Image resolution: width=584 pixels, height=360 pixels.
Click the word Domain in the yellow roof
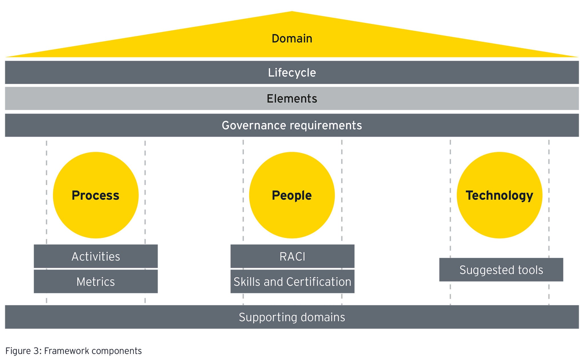pos(292,39)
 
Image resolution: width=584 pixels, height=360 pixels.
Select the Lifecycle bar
pos(292,72)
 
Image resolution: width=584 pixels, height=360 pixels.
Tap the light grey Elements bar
pos(292,99)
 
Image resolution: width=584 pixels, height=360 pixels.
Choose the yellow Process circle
pos(96,195)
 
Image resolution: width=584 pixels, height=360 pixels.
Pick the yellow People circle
pos(292,195)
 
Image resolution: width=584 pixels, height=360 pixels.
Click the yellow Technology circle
pos(499,195)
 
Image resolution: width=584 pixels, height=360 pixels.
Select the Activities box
pos(96,256)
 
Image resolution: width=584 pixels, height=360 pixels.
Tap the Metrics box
pos(96,282)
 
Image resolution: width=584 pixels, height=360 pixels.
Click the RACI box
pos(292,256)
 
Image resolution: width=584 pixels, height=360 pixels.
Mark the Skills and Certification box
pos(292,282)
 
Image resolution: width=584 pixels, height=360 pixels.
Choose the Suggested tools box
pos(501,270)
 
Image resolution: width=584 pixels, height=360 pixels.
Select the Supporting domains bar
pos(292,317)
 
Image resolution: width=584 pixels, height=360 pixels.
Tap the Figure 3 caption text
pos(73,351)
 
